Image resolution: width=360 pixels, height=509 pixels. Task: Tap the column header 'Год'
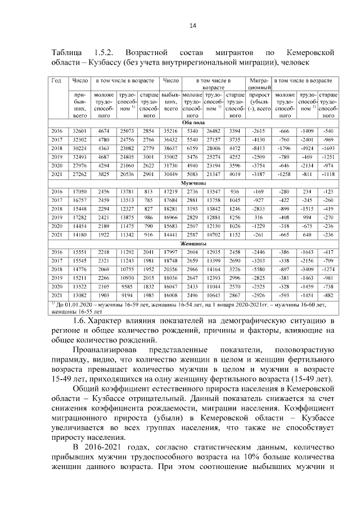[x=56, y=81]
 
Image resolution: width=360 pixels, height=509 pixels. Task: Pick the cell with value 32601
[x=79, y=130]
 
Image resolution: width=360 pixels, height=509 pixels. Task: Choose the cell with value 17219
[x=170, y=192]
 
